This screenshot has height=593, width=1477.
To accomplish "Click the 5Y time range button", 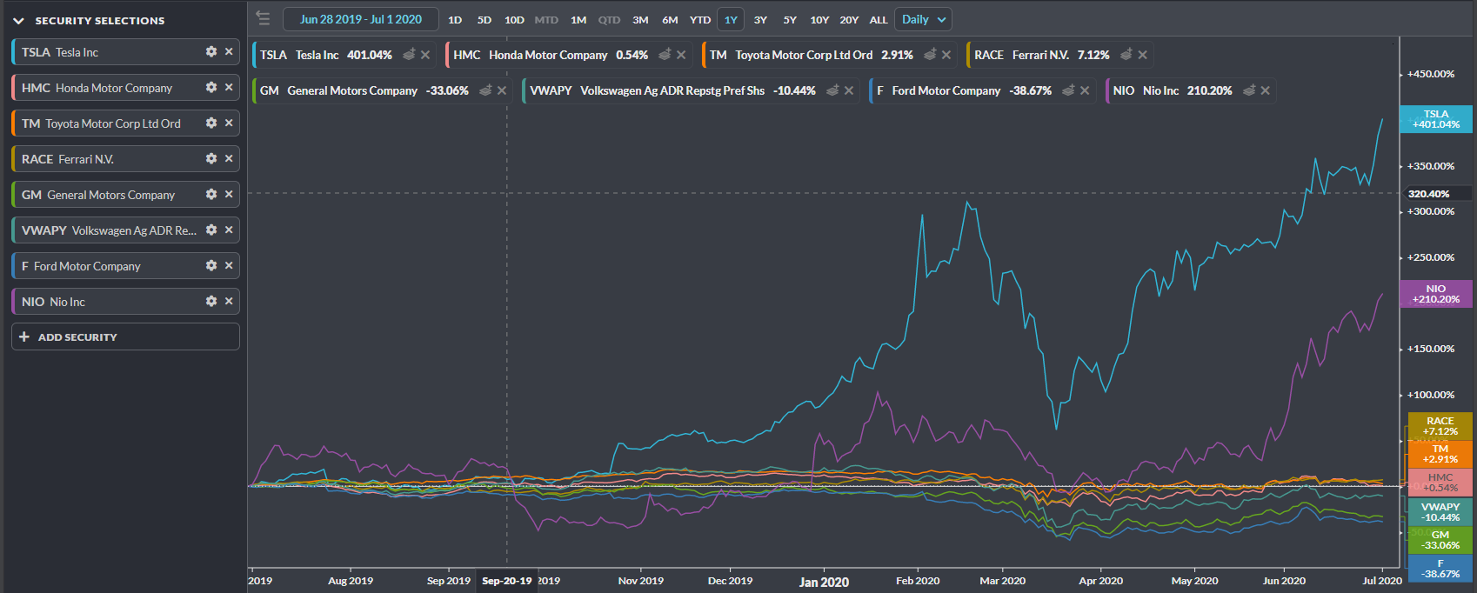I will tap(790, 20).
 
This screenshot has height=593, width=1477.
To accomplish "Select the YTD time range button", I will tap(700, 20).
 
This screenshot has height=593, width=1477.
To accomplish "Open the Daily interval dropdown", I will tap(923, 20).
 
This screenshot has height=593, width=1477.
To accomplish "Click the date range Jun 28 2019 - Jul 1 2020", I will tap(361, 19).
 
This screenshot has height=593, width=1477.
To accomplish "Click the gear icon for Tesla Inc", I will tap(211, 52).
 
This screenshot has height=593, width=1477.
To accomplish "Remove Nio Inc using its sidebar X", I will tap(229, 302).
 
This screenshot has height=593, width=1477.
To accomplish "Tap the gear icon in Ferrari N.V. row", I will tap(211, 159).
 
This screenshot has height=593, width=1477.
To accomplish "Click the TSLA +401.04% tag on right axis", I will tap(1435, 119).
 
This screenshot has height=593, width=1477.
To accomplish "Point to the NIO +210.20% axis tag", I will tap(1435, 294).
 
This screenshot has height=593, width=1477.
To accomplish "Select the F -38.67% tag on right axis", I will tap(1440, 569).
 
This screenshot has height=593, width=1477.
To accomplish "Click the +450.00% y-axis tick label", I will tap(1431, 74).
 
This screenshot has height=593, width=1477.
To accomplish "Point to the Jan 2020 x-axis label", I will tap(824, 582).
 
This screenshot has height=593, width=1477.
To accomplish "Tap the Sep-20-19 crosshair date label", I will tap(506, 581).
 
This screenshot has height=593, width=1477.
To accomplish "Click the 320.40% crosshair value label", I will tap(1428, 194).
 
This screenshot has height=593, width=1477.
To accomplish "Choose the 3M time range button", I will tap(640, 20).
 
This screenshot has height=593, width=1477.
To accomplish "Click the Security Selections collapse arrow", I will tap(18, 21).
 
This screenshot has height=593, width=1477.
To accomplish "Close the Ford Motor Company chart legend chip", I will tap(1085, 90).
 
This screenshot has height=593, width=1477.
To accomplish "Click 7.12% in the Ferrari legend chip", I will tap(1093, 55).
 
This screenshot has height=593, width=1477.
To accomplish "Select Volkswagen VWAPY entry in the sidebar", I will tap(109, 230).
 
